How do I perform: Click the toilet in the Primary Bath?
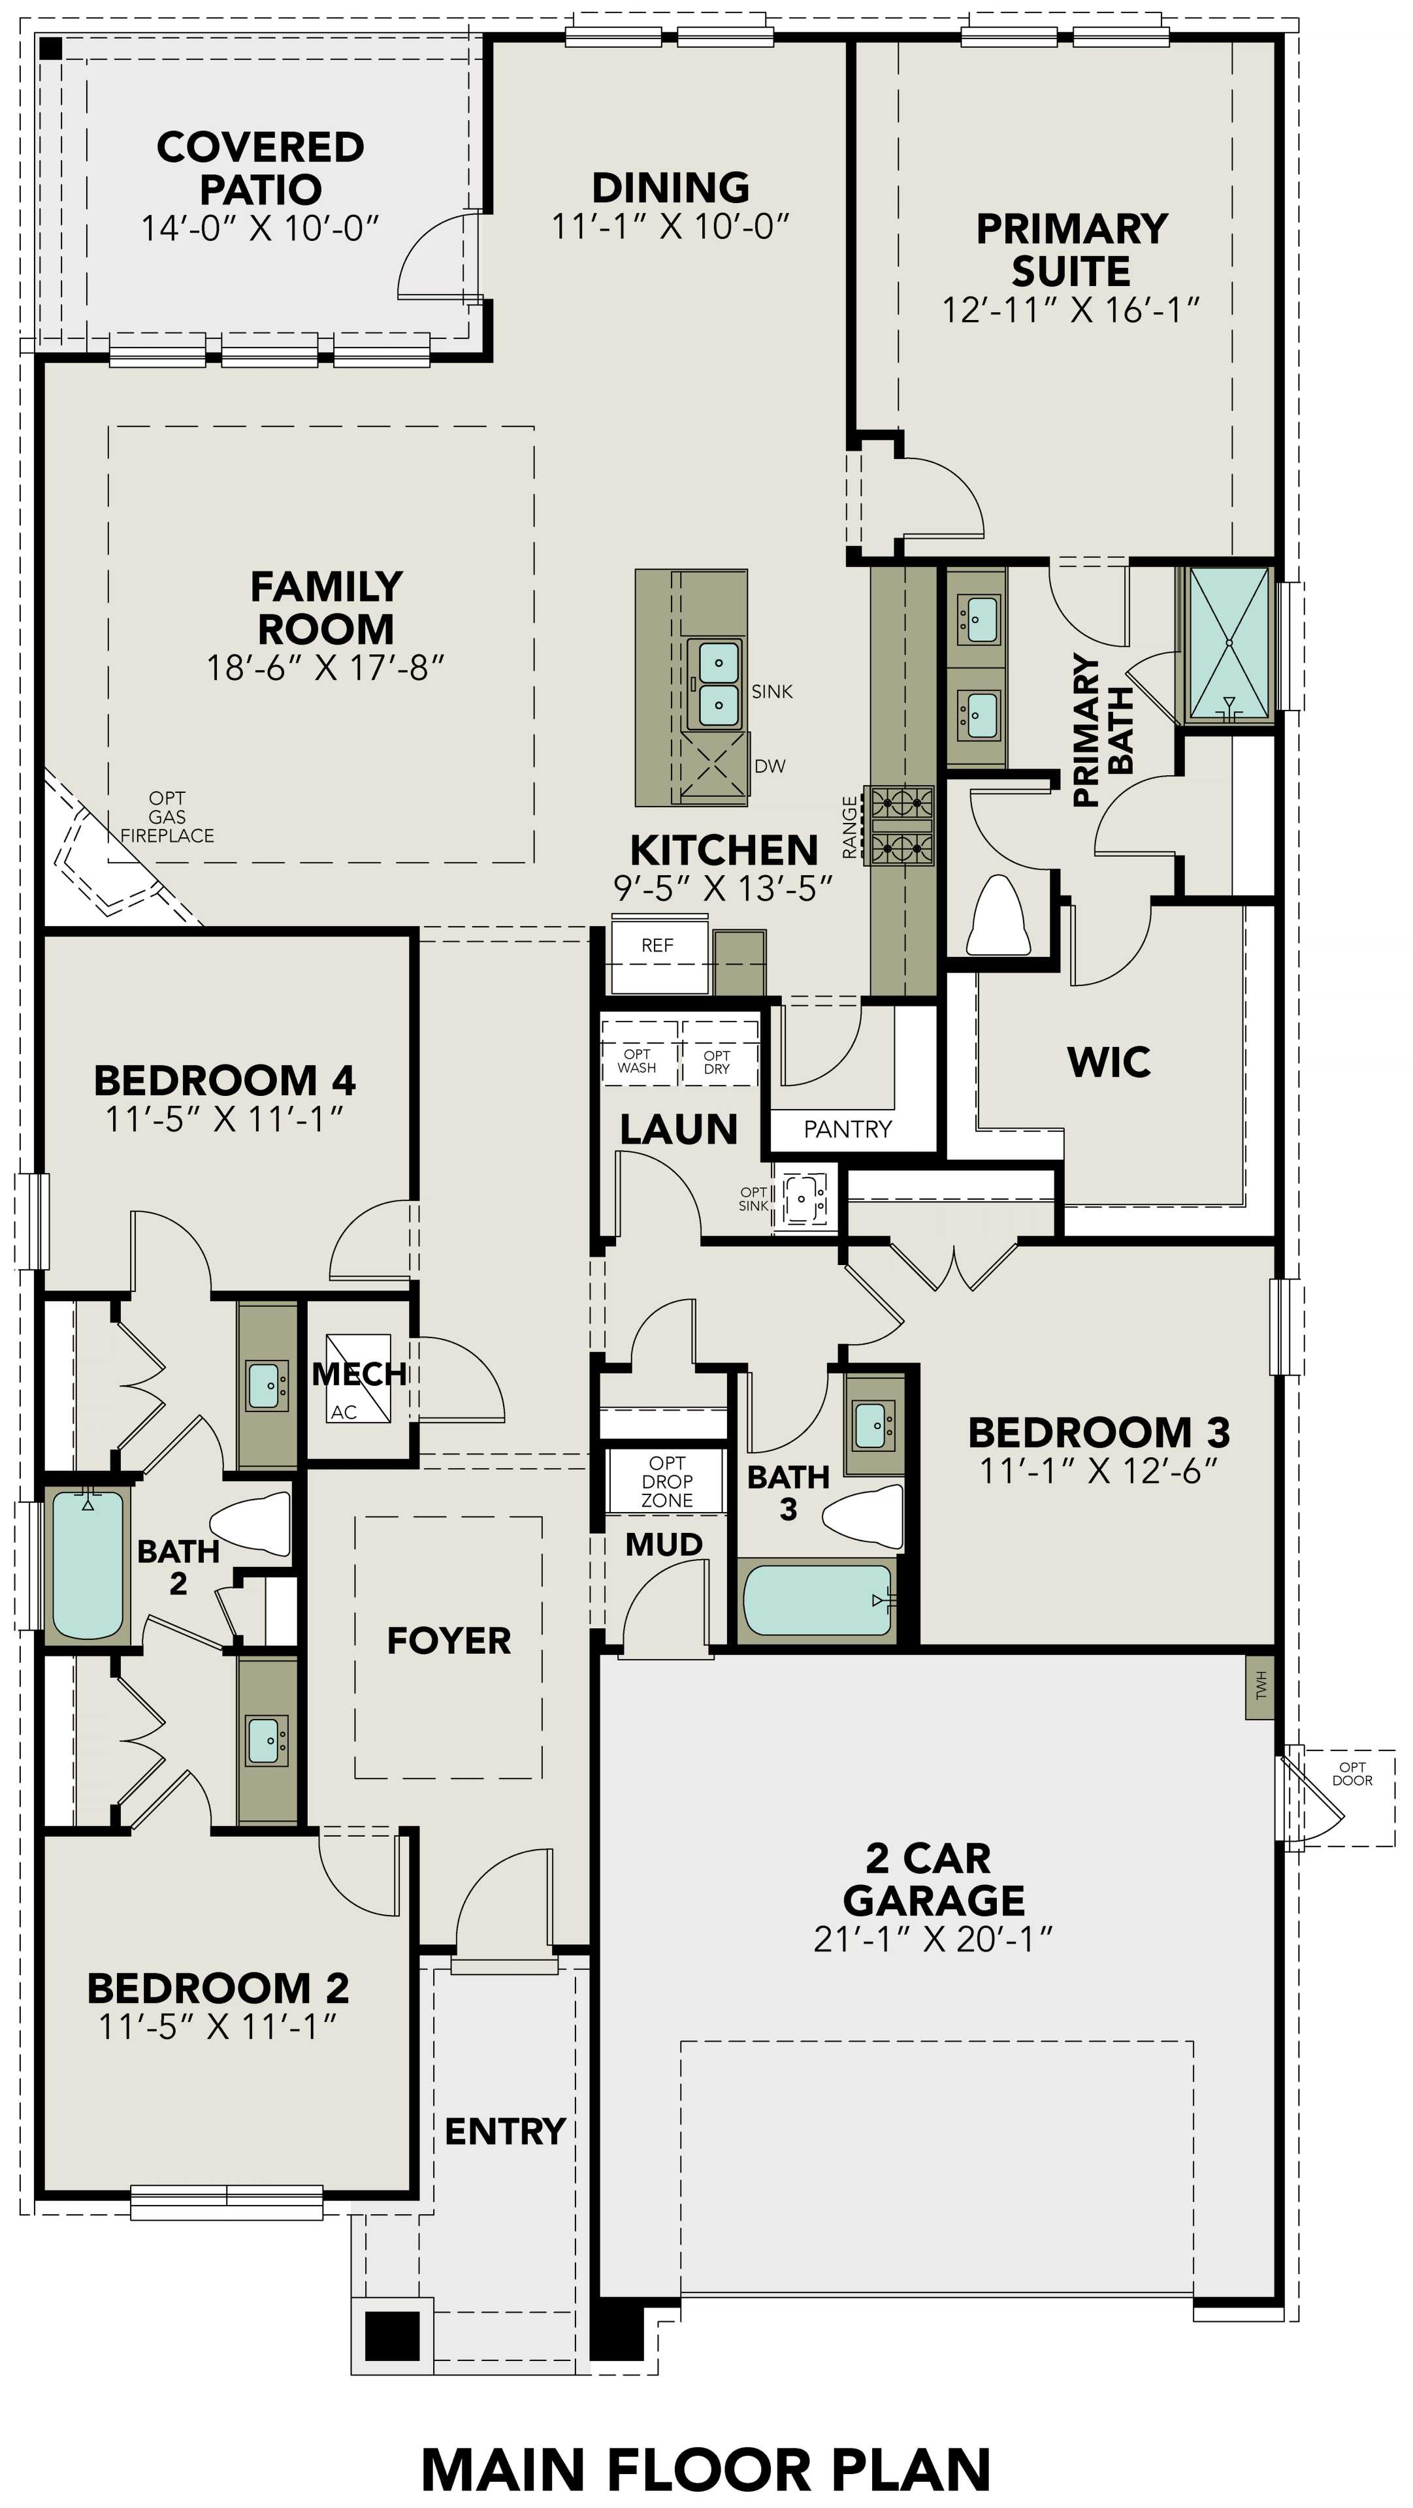(998, 917)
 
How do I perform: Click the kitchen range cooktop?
(901, 826)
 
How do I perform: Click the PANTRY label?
(847, 1129)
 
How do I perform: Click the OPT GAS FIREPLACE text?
(167, 817)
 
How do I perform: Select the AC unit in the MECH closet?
(357, 1379)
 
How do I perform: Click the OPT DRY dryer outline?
(718, 1053)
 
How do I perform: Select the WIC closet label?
(1109, 1062)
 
